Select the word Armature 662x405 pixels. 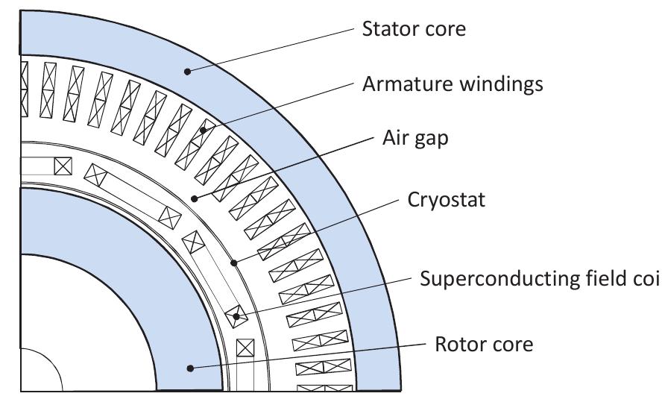pyautogui.click(x=399, y=84)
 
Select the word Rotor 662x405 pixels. pyautogui.click(x=454, y=345)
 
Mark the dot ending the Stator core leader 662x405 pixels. pyautogui.click(x=189, y=72)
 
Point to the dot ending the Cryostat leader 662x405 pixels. pyautogui.click(x=233, y=262)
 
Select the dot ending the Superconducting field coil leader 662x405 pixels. pyautogui.click(x=236, y=317)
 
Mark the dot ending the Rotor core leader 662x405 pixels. pyautogui.click(x=191, y=367)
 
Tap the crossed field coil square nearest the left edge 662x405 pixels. pyautogui.click(x=63, y=166)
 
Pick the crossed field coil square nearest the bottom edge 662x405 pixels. pyautogui.click(x=245, y=348)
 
